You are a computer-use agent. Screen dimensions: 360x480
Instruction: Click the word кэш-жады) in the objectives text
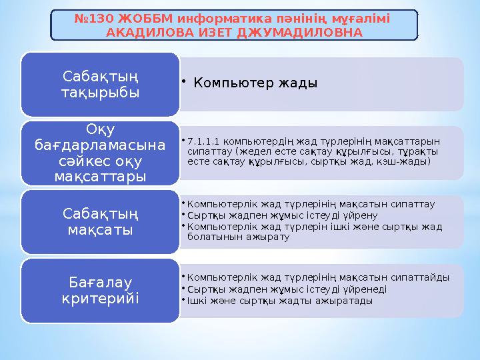(x=407, y=161)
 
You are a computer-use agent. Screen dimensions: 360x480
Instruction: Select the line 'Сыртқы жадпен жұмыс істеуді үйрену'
(x=283, y=215)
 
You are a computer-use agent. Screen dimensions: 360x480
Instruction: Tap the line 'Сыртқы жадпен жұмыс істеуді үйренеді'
(x=287, y=289)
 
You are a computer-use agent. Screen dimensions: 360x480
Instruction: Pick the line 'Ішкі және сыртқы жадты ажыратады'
(x=280, y=301)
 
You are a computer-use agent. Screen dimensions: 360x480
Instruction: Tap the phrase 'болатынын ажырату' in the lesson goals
(x=238, y=237)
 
